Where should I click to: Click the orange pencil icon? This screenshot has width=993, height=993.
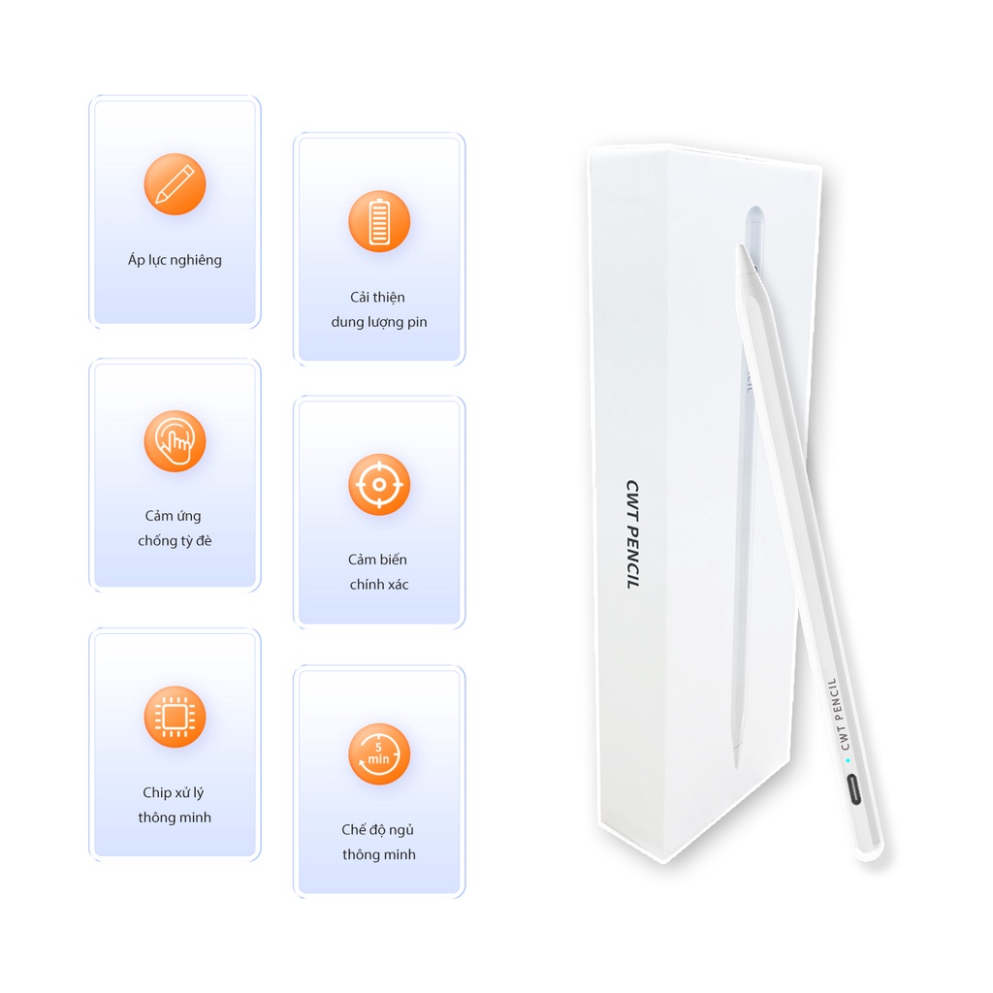point(175,183)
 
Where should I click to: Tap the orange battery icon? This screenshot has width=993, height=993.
point(379,221)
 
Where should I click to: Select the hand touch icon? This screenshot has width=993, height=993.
point(175,441)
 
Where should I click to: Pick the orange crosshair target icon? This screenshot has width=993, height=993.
point(379,485)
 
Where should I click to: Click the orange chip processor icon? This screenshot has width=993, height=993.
point(175,717)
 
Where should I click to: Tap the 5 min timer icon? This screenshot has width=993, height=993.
point(379,753)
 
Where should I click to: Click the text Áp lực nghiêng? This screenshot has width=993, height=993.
point(175,260)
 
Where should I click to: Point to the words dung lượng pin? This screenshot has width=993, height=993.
point(379,322)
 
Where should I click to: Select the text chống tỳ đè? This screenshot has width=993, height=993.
point(175,540)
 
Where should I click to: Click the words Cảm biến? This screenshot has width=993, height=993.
point(377,560)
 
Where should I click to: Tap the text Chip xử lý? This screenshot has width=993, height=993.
point(173,793)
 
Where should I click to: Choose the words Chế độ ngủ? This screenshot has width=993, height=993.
point(377,830)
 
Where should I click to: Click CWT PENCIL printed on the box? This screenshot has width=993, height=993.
point(632,534)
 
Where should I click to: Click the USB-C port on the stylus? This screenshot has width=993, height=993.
point(853,789)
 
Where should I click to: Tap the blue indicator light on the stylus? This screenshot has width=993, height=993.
point(848,760)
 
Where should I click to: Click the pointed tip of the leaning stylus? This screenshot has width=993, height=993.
point(740,247)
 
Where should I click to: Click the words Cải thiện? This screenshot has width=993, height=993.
point(377,297)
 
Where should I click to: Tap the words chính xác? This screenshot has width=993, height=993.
point(379,584)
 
